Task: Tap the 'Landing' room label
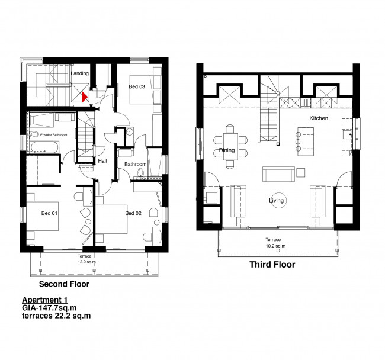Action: coord(79,73)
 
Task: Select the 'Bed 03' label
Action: coord(137,86)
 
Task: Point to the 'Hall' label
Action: coord(102,160)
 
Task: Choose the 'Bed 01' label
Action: coord(49,212)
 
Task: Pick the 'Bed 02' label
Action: coord(133,212)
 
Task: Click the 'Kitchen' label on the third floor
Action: coord(318,118)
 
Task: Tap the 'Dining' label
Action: coord(227,150)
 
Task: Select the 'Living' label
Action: coord(276,201)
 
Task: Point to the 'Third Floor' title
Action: coord(272,265)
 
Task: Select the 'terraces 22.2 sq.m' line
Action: coord(56,316)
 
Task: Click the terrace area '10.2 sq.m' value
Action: coord(276,245)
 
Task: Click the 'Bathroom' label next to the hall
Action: coord(135,164)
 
